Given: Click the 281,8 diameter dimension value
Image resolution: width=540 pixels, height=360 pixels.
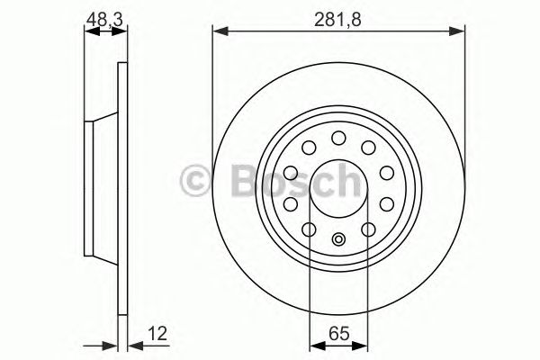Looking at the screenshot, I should tap(339, 16).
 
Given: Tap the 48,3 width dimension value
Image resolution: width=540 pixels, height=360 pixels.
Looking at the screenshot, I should tap(105, 16).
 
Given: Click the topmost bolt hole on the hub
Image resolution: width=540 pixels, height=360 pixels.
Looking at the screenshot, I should tap(339, 138).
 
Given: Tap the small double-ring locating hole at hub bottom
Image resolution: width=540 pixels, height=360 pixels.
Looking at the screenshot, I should tap(339, 239).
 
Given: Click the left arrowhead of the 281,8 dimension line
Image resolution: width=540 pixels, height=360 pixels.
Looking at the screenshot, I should tap(219, 33).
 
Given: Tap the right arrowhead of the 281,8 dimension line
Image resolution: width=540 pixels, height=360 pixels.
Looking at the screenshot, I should tap(461, 33).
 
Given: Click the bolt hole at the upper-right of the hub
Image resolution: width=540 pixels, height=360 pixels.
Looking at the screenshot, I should tap(369, 148).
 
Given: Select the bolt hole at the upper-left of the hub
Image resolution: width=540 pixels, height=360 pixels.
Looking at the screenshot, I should tap(310, 148).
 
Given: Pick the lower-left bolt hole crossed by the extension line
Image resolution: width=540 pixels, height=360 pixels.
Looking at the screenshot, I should tap(310, 229).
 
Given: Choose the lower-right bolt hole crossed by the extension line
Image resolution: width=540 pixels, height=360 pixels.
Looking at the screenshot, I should tap(369, 229).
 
